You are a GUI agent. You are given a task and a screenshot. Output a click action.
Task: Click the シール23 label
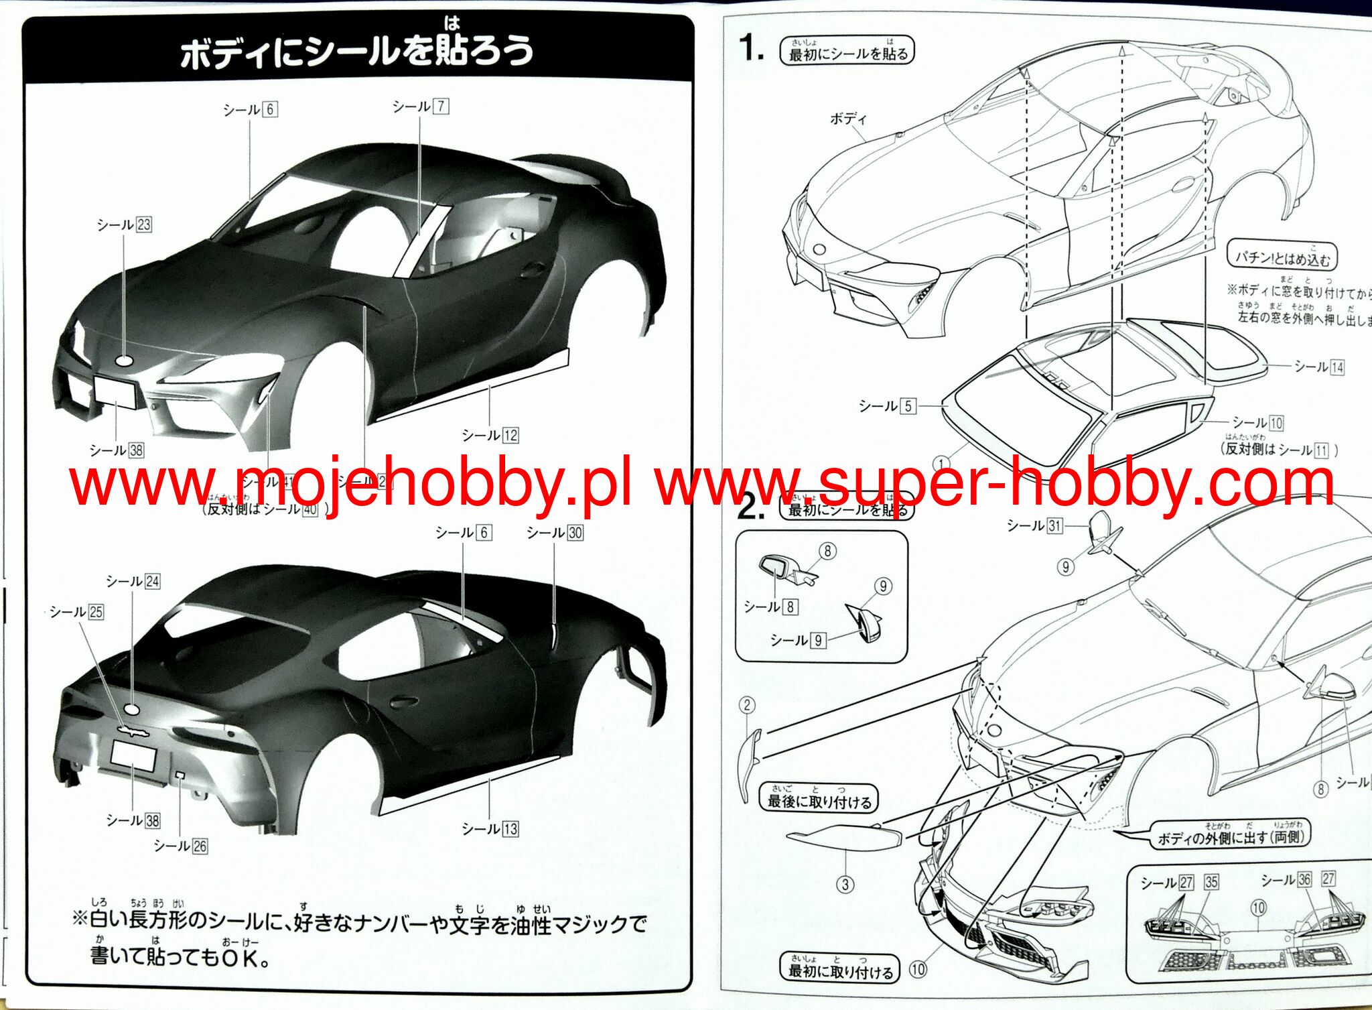tap(124, 225)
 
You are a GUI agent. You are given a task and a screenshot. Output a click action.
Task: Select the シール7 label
tap(421, 107)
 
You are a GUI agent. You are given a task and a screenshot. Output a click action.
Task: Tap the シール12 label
tap(490, 436)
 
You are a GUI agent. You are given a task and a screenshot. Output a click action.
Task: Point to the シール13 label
tap(490, 829)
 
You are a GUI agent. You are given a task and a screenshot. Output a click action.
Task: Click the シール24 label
tap(133, 581)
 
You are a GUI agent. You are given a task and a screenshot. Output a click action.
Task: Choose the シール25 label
tap(76, 612)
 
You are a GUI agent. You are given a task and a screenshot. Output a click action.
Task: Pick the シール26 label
tap(180, 846)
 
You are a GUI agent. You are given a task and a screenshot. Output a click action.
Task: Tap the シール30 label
tap(555, 533)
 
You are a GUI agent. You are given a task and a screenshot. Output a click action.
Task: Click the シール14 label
tap(1319, 367)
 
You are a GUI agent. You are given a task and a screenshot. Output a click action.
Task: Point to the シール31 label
tap(1035, 525)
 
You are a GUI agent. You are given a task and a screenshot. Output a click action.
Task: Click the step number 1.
tap(751, 48)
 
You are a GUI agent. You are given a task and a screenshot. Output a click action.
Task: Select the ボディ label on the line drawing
tap(848, 119)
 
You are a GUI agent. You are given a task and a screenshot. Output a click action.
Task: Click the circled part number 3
tap(845, 885)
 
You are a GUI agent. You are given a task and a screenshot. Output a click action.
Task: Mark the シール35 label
tap(1211, 882)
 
